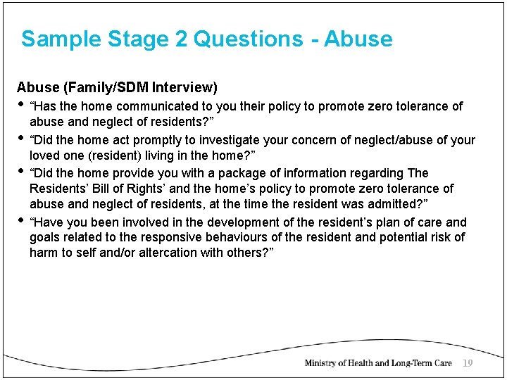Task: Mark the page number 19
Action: pyautogui.click(x=468, y=363)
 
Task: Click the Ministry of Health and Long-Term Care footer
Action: pyautogui.click(x=377, y=363)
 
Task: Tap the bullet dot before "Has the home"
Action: pyautogui.click(x=20, y=106)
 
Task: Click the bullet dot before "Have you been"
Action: pyautogui.click(x=20, y=221)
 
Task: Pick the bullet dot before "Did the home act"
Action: pyautogui.click(x=20, y=139)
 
